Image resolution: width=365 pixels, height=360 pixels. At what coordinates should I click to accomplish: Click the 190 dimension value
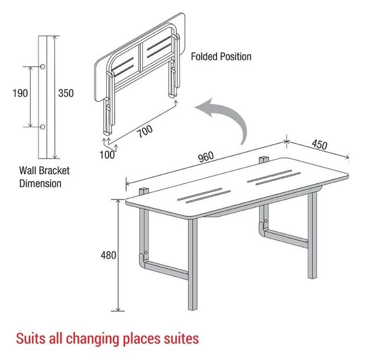(x=20, y=93)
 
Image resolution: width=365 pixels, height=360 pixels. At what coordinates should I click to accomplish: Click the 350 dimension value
(x=66, y=93)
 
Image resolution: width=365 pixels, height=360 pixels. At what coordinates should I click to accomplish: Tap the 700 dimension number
(x=144, y=131)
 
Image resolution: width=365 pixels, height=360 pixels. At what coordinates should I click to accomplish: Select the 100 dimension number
(x=107, y=155)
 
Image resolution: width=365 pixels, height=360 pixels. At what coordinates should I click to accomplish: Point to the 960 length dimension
(x=206, y=157)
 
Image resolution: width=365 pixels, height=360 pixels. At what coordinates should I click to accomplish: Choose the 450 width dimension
(x=319, y=144)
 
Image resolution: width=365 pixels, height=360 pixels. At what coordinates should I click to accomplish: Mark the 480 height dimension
(x=108, y=255)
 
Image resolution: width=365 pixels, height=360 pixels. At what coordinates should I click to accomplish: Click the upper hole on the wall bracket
(x=42, y=67)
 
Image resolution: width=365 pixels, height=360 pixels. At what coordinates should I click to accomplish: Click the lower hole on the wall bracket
(x=42, y=127)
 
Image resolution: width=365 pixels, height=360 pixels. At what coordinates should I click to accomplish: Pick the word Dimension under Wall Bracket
(x=40, y=183)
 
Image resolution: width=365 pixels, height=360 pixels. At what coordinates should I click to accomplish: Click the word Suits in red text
(x=31, y=339)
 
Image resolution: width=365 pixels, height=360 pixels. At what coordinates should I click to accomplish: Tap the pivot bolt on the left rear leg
(x=146, y=252)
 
